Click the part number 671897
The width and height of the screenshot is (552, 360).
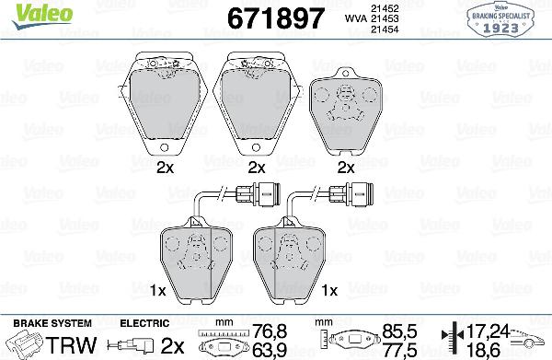pos(263,17)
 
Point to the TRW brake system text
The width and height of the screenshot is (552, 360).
pos(71,344)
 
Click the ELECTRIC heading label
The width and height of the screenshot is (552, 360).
pos(145,323)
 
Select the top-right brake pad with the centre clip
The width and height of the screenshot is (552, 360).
pos(347,114)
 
